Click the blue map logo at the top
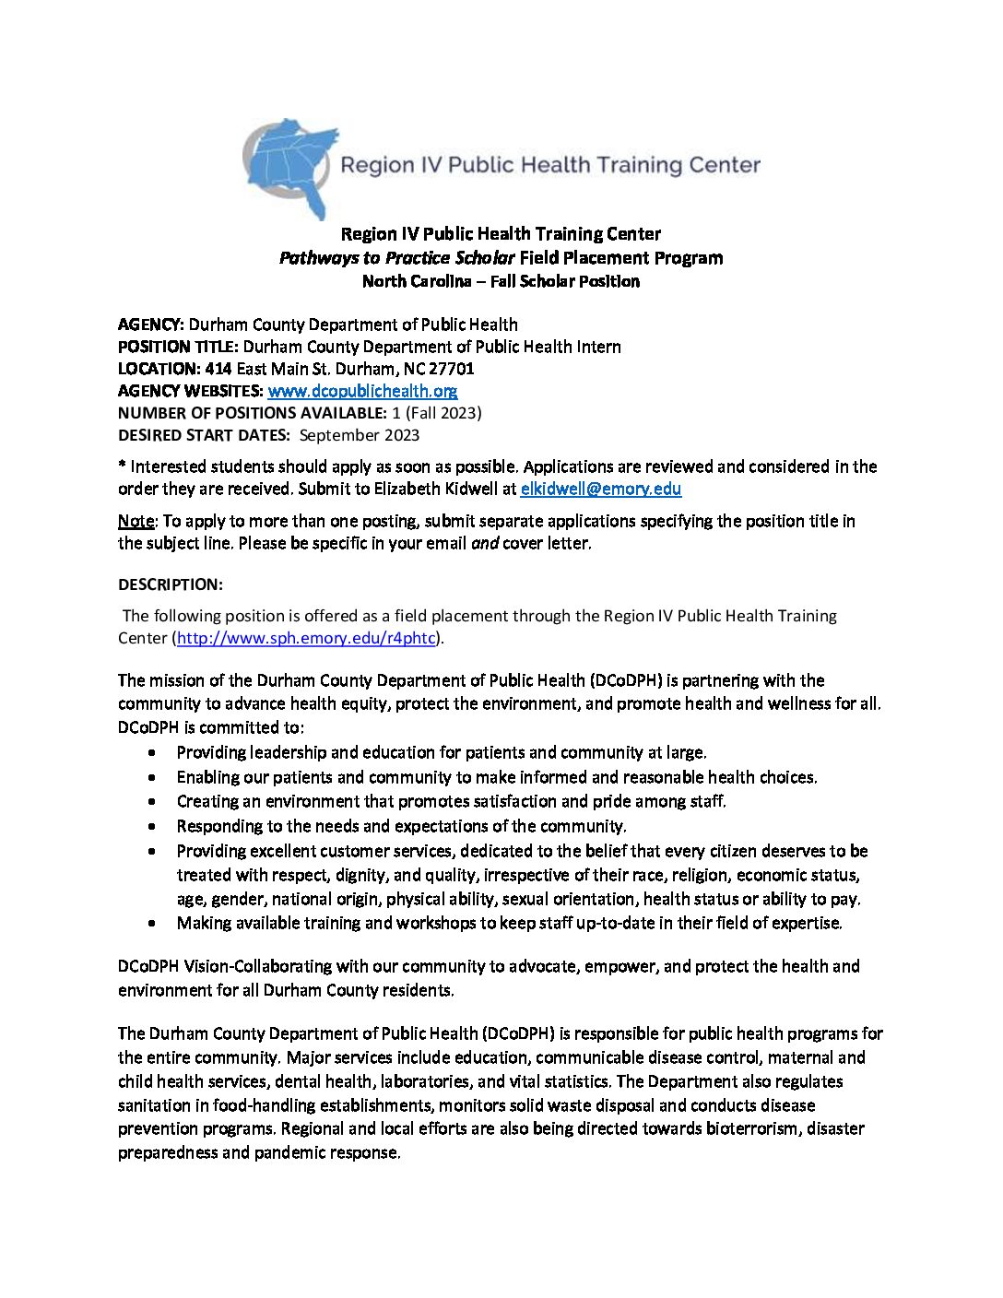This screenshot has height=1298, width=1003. [x=288, y=166]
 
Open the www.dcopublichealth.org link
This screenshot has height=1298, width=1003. [x=362, y=391]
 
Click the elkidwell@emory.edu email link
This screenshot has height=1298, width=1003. [x=600, y=490]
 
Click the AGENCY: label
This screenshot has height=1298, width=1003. [x=151, y=324]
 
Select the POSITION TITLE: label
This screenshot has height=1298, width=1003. [x=178, y=347]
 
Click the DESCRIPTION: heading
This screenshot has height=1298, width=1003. [x=171, y=584]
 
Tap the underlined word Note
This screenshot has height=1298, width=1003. [x=136, y=521]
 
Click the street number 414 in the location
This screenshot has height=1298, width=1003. [x=218, y=369]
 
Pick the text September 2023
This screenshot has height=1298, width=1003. [x=359, y=435]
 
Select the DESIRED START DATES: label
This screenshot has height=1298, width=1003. [x=204, y=435]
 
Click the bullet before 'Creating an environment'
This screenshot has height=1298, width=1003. [x=151, y=802]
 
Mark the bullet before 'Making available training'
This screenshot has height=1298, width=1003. [x=151, y=923]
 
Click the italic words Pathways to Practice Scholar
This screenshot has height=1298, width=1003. [x=396, y=258]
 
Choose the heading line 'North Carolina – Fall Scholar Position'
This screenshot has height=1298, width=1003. [x=501, y=281]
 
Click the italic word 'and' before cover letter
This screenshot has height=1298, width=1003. [x=484, y=543]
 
